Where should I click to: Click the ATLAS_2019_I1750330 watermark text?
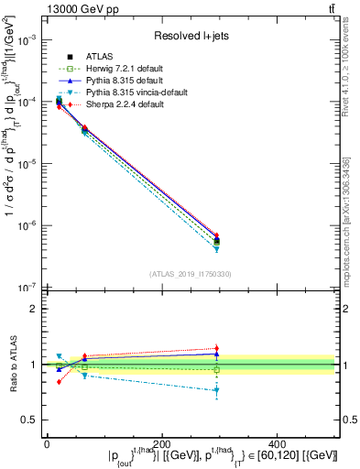pyautogui.click(x=190, y=274)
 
